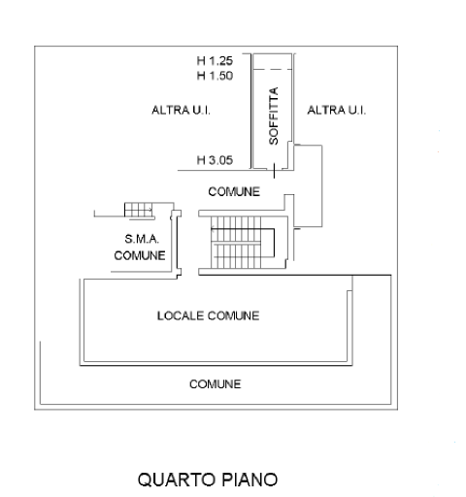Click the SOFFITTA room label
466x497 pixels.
click(274, 116)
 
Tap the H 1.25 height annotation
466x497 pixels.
click(215, 60)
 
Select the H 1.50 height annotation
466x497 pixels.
click(215, 76)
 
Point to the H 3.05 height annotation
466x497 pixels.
click(215, 160)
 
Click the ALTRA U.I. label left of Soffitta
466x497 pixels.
click(181, 111)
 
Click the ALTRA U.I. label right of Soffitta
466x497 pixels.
click(337, 111)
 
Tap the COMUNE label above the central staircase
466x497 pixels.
click(234, 191)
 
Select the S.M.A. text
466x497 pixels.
click(142, 239)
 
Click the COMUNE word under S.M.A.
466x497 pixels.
click(140, 255)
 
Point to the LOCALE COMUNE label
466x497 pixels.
click(208, 315)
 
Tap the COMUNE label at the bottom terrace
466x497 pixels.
click(216, 384)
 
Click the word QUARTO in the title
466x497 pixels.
click(177, 480)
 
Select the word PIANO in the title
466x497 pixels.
click(250, 480)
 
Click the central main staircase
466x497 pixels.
click(243, 243)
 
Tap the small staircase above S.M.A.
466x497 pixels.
click(139, 210)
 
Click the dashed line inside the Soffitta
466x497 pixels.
click(273, 69)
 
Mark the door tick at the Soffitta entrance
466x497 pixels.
click(274, 171)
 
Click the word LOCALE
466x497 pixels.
click(181, 315)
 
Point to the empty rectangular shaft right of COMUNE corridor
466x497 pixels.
click(308, 185)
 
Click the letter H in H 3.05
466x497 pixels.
click(201, 160)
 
